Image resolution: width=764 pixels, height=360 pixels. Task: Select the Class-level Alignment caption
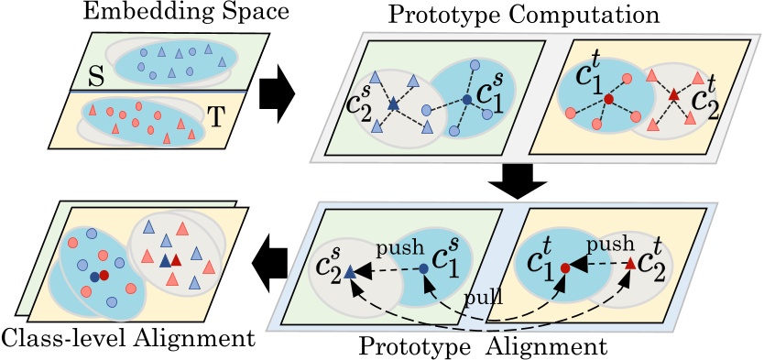pyautogui.click(x=127, y=339)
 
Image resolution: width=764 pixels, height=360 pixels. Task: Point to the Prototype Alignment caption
pyautogui.click(x=483, y=346)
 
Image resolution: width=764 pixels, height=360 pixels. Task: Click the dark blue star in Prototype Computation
pyautogui.click(x=393, y=105)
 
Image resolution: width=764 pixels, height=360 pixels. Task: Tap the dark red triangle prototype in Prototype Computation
pyautogui.click(x=672, y=94)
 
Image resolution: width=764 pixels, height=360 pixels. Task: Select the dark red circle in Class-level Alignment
pyautogui.click(x=104, y=274)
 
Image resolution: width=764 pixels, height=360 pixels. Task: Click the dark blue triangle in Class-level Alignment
pyautogui.click(x=165, y=262)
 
